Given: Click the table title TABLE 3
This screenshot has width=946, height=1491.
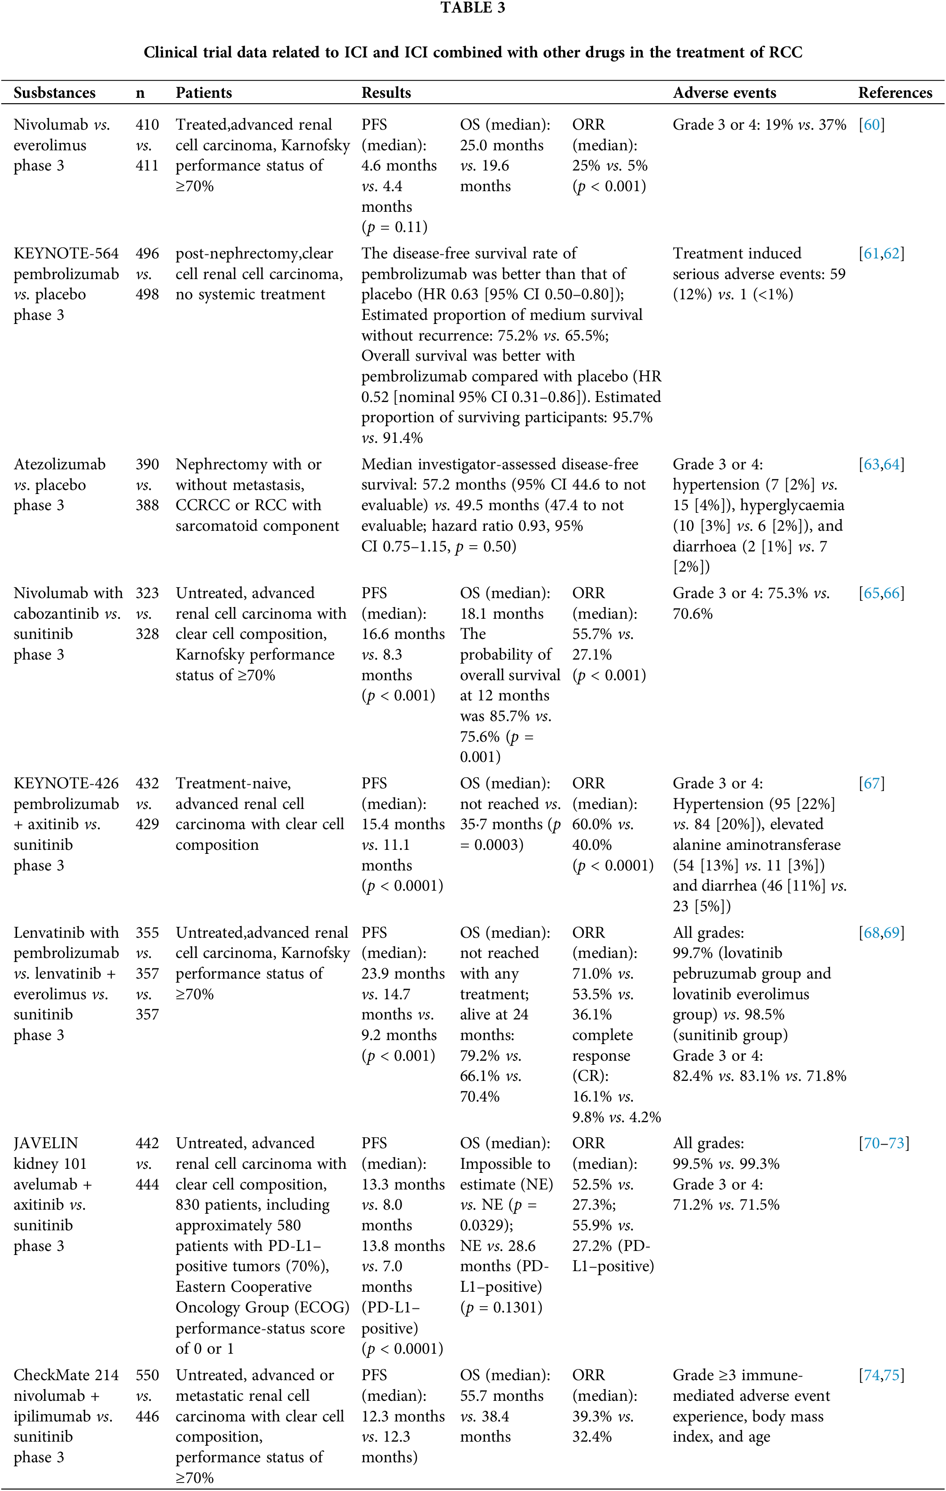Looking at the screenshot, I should [473, 8].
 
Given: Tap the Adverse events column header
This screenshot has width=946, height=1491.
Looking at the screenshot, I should [724, 93].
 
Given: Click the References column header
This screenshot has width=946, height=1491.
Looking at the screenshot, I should [894, 93].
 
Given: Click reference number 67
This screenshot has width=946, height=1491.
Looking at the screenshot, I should [872, 783].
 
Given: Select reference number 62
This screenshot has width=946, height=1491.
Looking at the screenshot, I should [892, 253].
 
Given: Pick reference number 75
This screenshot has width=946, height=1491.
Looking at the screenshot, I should [892, 1375].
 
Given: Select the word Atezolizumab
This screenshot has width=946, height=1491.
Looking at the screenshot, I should [59, 464].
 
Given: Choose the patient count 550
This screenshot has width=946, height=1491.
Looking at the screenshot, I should [147, 1375].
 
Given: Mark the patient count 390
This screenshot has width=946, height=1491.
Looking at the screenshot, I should [147, 464].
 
